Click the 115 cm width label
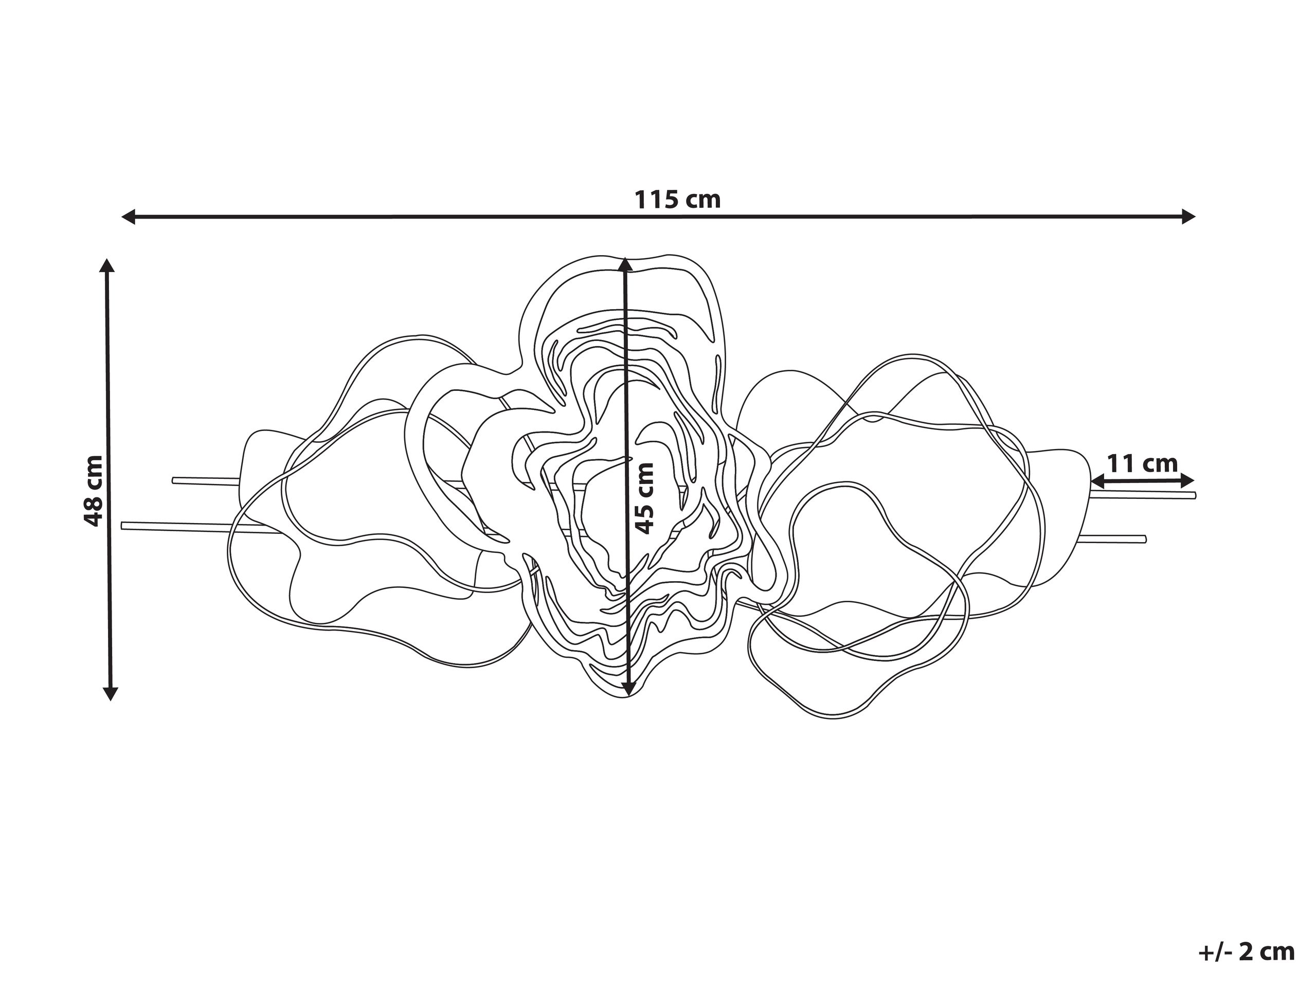(678, 200)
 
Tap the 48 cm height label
(94, 491)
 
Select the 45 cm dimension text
(644, 498)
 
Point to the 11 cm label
(1142, 463)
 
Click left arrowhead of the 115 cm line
(129, 217)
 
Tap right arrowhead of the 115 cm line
(1187, 217)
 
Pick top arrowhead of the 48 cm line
(107, 266)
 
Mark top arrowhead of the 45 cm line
(625, 265)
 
